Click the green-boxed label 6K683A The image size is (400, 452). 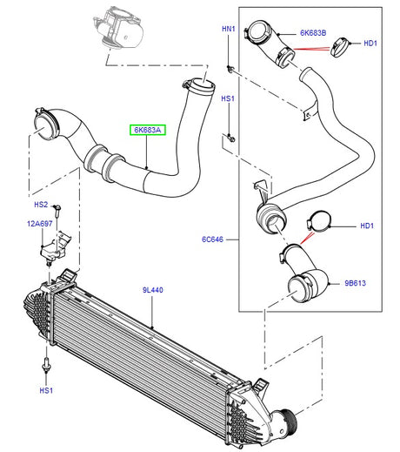tap(147, 131)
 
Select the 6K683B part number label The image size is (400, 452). tap(314, 33)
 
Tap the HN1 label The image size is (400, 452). tap(228, 30)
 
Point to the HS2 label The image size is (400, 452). tap(41, 205)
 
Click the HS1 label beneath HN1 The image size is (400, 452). tap(228, 98)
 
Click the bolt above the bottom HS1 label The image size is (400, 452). tap(43, 364)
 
